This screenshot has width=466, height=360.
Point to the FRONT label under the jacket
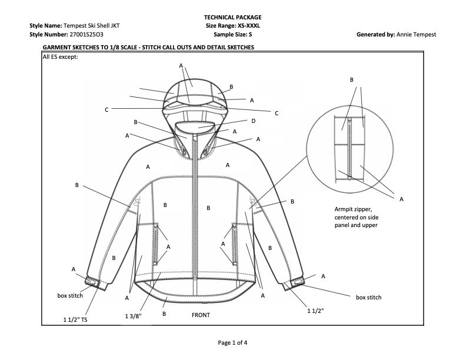pyautogui.click(x=201, y=315)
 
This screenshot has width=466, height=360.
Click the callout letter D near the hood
pyautogui.click(x=253, y=121)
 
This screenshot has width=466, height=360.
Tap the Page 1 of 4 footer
pyautogui.click(x=233, y=342)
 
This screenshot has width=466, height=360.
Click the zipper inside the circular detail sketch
pyautogui.click(x=350, y=147)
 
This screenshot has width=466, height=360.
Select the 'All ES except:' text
pyautogui.click(x=61, y=57)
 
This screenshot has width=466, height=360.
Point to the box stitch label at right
pyautogui.click(x=369, y=297)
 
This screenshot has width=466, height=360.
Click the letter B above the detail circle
pyautogui.click(x=352, y=79)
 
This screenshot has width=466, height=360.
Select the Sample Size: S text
pyautogui.click(x=233, y=34)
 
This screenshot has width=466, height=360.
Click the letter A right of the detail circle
pyautogui.click(x=402, y=199)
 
